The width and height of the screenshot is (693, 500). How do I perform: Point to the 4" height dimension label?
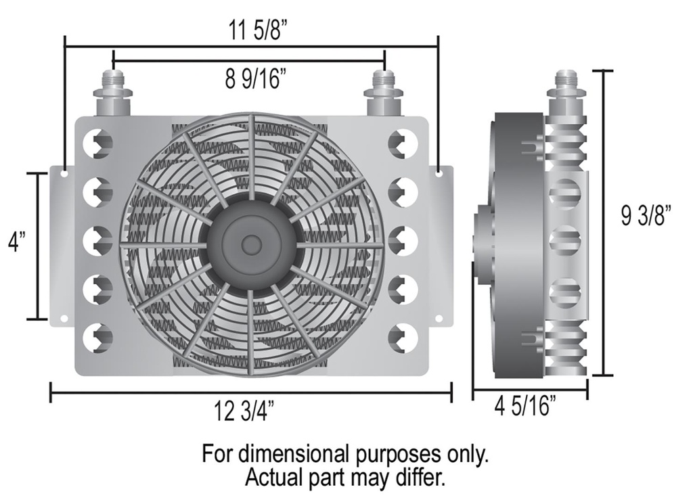[14, 242]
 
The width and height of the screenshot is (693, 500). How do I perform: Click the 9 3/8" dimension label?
[646, 218]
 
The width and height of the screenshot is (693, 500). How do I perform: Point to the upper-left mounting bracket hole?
[64, 174]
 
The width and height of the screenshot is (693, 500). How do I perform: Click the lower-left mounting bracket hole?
[64, 317]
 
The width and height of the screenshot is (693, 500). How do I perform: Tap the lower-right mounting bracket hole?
[439, 317]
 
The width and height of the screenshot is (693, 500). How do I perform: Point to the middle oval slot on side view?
[566, 241]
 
